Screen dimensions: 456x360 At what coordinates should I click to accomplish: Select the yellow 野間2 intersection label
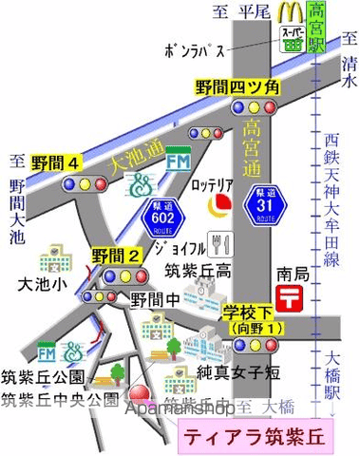pyautogui.click(x=118, y=255)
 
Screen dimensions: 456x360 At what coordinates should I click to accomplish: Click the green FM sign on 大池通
pyautogui.click(x=178, y=161)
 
